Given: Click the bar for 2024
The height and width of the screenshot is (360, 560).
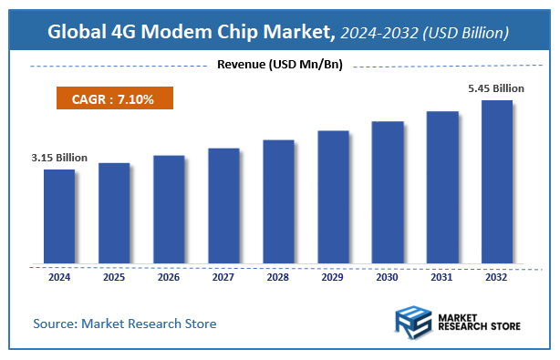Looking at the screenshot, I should (59, 217).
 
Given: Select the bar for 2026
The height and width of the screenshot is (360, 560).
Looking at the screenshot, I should (169, 210).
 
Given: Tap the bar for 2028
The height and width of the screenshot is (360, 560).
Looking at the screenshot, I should (278, 202).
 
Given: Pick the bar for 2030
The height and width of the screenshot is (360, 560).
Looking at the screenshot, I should (388, 193).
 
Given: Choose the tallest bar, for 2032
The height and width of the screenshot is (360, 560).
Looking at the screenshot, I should (496, 182).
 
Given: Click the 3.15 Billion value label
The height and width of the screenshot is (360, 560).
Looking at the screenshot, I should (59, 158).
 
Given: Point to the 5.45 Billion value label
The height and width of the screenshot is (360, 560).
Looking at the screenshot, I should (497, 87).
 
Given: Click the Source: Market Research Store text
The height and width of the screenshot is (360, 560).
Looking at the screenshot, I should (125, 324).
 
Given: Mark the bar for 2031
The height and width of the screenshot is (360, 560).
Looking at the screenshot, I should (442, 188).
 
